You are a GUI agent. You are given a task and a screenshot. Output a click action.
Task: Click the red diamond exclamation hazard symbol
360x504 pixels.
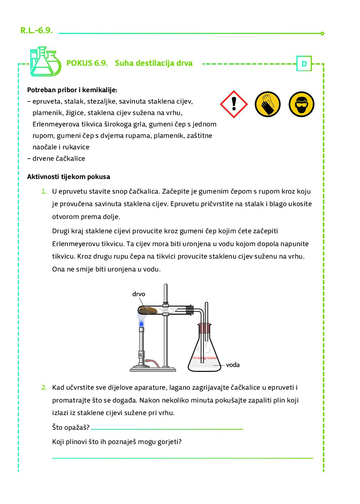(x=234, y=104)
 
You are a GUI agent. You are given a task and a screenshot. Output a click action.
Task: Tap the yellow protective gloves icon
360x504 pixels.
(x=267, y=104)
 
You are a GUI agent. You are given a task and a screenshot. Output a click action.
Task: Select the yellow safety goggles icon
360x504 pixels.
(x=301, y=104)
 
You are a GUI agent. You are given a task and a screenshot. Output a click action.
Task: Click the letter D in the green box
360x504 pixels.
(x=304, y=64)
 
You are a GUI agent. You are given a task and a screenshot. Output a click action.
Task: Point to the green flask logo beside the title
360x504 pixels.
(x=45, y=62)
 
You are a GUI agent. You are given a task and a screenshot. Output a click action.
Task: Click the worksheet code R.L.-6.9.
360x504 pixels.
(x=36, y=30)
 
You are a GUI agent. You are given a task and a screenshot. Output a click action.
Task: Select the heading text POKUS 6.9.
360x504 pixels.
(x=87, y=63)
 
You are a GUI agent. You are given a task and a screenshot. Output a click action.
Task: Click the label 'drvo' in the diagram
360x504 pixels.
(x=139, y=294)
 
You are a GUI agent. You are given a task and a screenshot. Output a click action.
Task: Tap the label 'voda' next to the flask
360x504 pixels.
(x=232, y=365)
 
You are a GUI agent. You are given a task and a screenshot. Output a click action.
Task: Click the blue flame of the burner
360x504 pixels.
(x=141, y=323)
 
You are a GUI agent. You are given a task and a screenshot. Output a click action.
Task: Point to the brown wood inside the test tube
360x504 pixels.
(x=149, y=310)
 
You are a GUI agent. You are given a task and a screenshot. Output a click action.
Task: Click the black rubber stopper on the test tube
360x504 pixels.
(x=189, y=310)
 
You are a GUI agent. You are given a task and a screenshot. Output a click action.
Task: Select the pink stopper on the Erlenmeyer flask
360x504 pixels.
(x=204, y=328)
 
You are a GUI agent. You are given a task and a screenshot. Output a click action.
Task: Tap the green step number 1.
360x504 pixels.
(x=44, y=191)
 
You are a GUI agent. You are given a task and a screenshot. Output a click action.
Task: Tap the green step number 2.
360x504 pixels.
(x=44, y=388)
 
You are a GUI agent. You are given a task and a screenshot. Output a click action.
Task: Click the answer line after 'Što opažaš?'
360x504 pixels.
(x=167, y=428)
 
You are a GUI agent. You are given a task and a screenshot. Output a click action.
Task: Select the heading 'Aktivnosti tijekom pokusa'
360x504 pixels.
(x=69, y=177)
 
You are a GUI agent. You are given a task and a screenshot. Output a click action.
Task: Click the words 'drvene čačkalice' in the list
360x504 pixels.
(x=59, y=159)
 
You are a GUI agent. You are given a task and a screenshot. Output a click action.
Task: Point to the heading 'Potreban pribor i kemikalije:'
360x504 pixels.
(x=72, y=90)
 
